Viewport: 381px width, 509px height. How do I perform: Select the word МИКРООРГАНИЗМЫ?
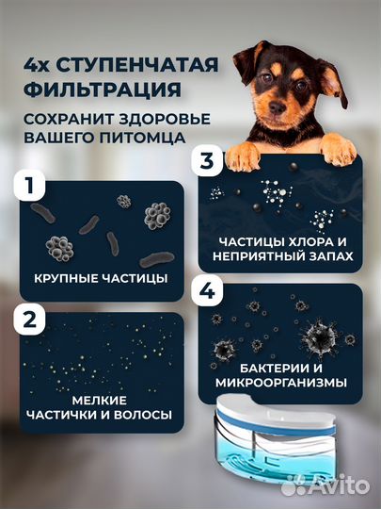(x=280, y=382)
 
